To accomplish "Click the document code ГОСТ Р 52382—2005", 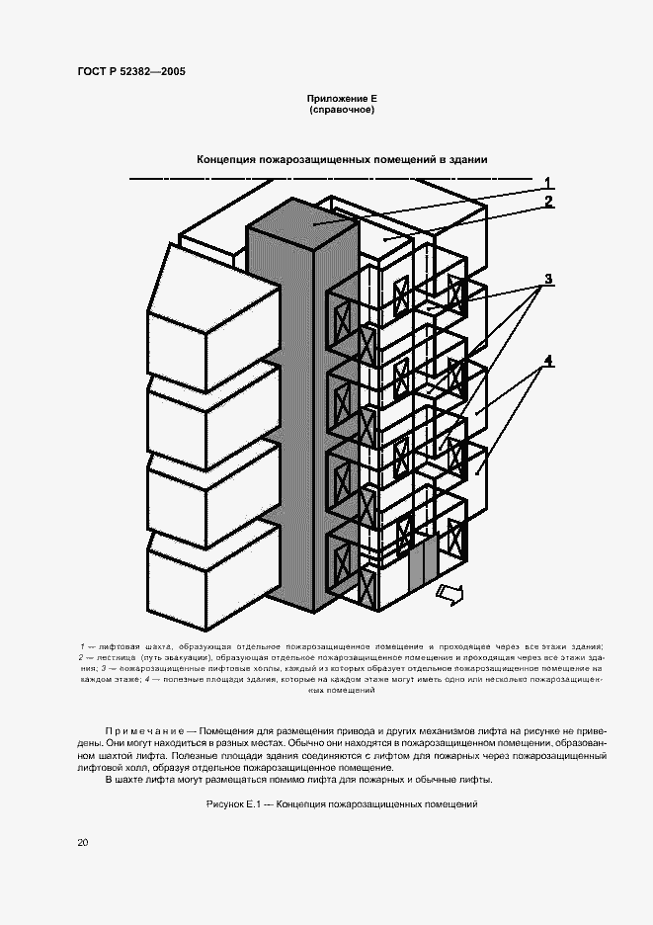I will point(132,72).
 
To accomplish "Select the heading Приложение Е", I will point(342,100).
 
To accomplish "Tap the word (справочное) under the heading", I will point(342,111).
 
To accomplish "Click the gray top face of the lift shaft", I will point(314,223).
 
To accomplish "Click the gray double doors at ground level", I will point(421,564).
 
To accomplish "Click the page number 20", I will point(82,842).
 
